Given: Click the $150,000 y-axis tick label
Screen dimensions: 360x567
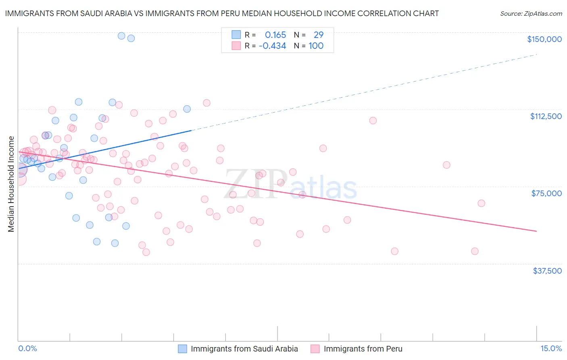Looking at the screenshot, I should click(544, 39).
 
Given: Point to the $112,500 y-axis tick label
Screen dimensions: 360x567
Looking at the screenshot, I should click(546, 116).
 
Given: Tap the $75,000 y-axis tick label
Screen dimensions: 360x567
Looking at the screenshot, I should click(546, 193).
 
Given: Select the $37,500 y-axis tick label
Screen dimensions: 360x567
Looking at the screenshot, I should click(547, 271).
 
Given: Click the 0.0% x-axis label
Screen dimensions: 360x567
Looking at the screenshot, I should click(27, 348).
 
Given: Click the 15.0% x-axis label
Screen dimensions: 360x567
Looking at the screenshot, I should click(551, 348).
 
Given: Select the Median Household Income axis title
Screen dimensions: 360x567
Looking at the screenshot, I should click(11, 184).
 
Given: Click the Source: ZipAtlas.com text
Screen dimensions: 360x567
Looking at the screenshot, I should click(531, 14).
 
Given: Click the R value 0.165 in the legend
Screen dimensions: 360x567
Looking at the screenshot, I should click(275, 35).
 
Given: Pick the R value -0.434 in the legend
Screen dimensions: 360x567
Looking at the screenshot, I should click(272, 46).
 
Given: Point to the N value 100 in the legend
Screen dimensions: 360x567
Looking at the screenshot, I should click(316, 46).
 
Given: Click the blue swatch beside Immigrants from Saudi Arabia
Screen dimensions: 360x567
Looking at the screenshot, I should click(183, 349).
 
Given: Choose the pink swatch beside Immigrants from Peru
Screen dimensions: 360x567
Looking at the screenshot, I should click(315, 349).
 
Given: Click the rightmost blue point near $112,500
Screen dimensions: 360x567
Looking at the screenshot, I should click(187, 109).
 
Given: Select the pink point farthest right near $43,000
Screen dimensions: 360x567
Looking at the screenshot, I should click(475, 251).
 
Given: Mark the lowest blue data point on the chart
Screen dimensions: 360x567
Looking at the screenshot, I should click(115, 243).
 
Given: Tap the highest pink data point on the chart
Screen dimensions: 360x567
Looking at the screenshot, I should click(206, 103).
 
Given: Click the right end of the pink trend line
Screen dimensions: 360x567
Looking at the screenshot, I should click(536, 231).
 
